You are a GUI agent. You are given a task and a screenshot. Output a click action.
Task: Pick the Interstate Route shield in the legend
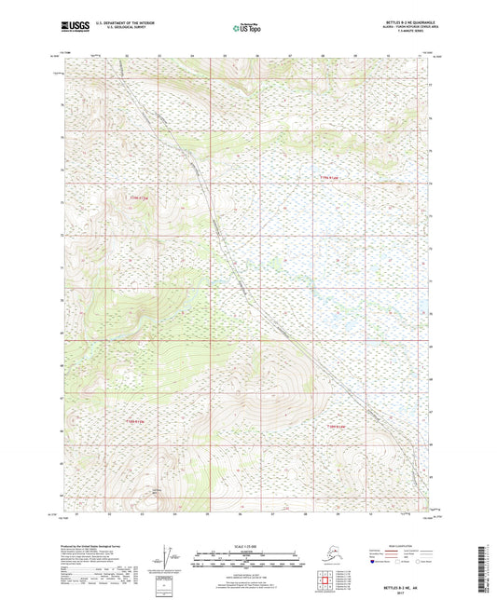[377, 564]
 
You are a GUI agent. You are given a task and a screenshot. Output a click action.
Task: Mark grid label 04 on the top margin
[191, 56]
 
